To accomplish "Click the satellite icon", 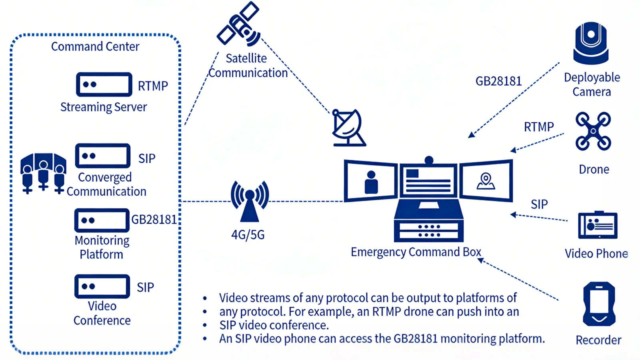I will point(239,24).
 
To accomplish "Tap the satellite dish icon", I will point(348,128).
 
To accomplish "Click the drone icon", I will point(593,131).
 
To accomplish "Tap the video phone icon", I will point(598,225).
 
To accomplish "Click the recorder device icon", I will point(599,304).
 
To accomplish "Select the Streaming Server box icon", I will point(104,84).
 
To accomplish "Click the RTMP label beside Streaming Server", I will point(153,86).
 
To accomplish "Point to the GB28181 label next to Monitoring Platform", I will point(154,220).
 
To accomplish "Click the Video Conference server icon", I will point(102,286).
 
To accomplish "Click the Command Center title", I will point(95,47).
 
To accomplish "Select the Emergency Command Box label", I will point(416,252).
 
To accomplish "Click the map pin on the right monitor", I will point(486,181).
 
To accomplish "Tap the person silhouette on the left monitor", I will point(371,182).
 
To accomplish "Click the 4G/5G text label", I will point(248,234).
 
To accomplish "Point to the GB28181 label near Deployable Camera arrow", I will point(498,81).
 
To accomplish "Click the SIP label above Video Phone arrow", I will point(539,204).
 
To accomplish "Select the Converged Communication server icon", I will point(103,156).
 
